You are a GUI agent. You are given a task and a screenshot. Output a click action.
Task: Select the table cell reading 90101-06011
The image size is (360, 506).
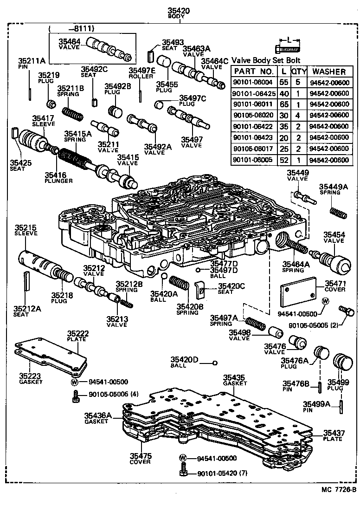point(253,104)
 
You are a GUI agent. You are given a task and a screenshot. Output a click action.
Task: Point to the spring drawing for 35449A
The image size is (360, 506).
point(338,212)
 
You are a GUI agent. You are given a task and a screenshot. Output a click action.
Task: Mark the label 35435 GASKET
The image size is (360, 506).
point(235,380)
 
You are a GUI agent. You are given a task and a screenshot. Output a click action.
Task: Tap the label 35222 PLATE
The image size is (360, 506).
point(78,337)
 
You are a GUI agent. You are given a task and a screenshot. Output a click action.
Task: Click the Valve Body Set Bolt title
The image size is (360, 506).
point(266,60)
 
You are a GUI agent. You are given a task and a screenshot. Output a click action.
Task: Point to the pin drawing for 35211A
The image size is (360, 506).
point(29,86)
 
